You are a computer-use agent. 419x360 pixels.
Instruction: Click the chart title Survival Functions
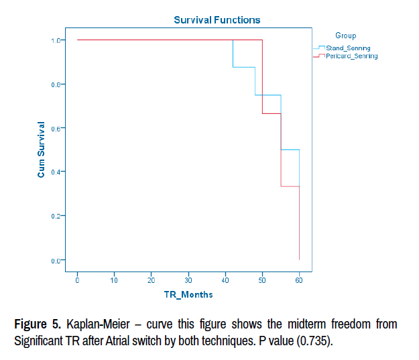(x=217, y=20)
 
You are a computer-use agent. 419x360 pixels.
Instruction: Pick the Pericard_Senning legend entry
(x=351, y=56)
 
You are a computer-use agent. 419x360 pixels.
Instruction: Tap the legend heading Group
(x=345, y=36)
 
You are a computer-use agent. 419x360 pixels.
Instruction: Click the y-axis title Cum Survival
(x=41, y=149)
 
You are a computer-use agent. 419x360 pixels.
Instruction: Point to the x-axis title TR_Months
(x=188, y=294)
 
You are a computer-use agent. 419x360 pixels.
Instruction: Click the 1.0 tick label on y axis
(x=56, y=40)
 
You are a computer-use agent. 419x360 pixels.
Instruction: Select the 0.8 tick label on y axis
(x=56, y=84)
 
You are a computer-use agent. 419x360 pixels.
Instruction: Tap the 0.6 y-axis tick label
(x=56, y=128)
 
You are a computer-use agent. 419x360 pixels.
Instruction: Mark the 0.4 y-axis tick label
(x=56, y=172)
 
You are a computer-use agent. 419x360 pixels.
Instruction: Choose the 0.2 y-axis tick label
(x=56, y=216)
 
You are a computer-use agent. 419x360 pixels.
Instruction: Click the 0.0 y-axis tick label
(x=56, y=260)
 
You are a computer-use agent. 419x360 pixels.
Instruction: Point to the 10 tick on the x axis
(x=114, y=280)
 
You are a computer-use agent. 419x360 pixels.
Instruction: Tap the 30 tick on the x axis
(x=188, y=280)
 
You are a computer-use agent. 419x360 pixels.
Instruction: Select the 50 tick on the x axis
(x=262, y=280)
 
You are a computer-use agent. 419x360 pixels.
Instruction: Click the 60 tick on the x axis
(x=299, y=280)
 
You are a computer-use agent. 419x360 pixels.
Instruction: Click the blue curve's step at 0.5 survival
(x=290, y=149)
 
